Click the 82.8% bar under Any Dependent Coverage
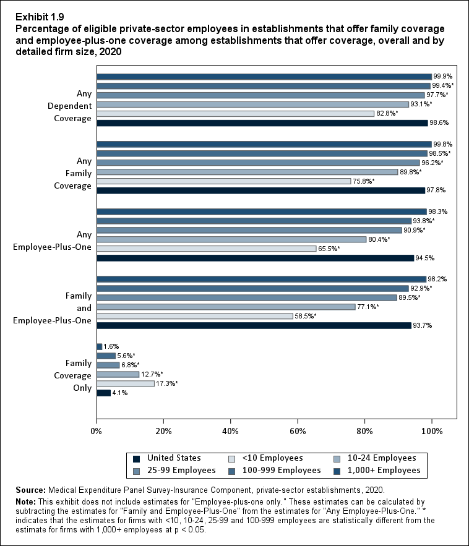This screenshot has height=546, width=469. coord(235,113)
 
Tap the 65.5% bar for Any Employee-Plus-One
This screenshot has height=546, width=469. coord(207,249)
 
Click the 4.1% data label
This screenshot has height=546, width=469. coord(120,393)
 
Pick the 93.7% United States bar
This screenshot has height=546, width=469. coord(254,325)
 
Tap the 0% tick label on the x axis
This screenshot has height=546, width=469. coord(97,430)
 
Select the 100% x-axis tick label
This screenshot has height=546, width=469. coord(432,430)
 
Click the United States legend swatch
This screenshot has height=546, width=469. coord(136,458)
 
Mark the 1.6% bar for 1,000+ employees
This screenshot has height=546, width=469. coord(100,346)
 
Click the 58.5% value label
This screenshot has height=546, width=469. coord(306,317)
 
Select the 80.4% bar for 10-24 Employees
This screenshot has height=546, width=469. coord(231,239)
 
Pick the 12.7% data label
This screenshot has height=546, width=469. coord(152,374)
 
